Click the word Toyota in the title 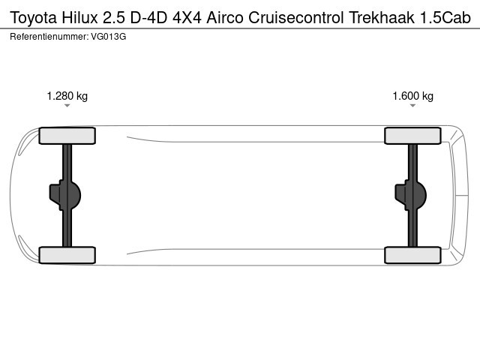34,18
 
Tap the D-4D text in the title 148,17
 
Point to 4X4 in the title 187,17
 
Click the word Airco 225,17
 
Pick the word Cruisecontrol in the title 296,17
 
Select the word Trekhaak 382,17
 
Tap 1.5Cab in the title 445,17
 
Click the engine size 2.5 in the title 114,17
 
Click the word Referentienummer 49,37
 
